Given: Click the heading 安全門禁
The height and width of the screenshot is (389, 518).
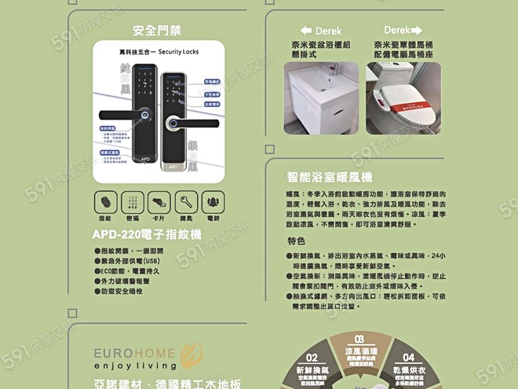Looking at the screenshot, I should tap(157, 31).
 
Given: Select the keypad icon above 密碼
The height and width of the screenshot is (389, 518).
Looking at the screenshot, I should tap(132, 200).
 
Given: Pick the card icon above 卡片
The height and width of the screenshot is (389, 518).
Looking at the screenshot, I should tap(159, 200).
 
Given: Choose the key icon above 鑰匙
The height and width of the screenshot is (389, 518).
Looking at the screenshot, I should tap(186, 200).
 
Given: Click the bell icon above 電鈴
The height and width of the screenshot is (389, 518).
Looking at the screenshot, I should tap(213, 200).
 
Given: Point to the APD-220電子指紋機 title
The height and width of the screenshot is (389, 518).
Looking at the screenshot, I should tap(147, 234).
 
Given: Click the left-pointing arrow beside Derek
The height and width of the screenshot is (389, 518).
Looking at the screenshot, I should tap(306, 31).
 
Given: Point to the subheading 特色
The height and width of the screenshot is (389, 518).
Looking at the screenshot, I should tap(296, 241).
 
